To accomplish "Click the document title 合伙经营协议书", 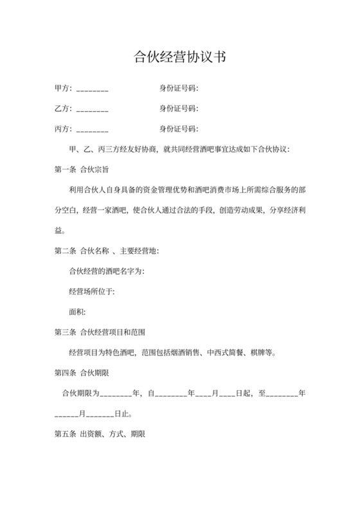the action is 179,57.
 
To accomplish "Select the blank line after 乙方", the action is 92,109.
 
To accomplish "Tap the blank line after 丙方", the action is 92,129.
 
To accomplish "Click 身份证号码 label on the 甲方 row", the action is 179,88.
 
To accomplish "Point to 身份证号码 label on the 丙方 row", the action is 179,129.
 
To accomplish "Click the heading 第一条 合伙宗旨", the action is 81,170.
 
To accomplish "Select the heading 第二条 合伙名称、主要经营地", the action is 107,251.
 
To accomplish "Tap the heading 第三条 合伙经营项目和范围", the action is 100,332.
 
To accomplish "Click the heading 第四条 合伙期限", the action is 81,373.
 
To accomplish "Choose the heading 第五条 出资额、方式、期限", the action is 100,434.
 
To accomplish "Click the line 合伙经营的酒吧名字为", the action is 106,271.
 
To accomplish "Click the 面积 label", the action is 76,312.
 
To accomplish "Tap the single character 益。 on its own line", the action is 60,230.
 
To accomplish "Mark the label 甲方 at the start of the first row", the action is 62,88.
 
